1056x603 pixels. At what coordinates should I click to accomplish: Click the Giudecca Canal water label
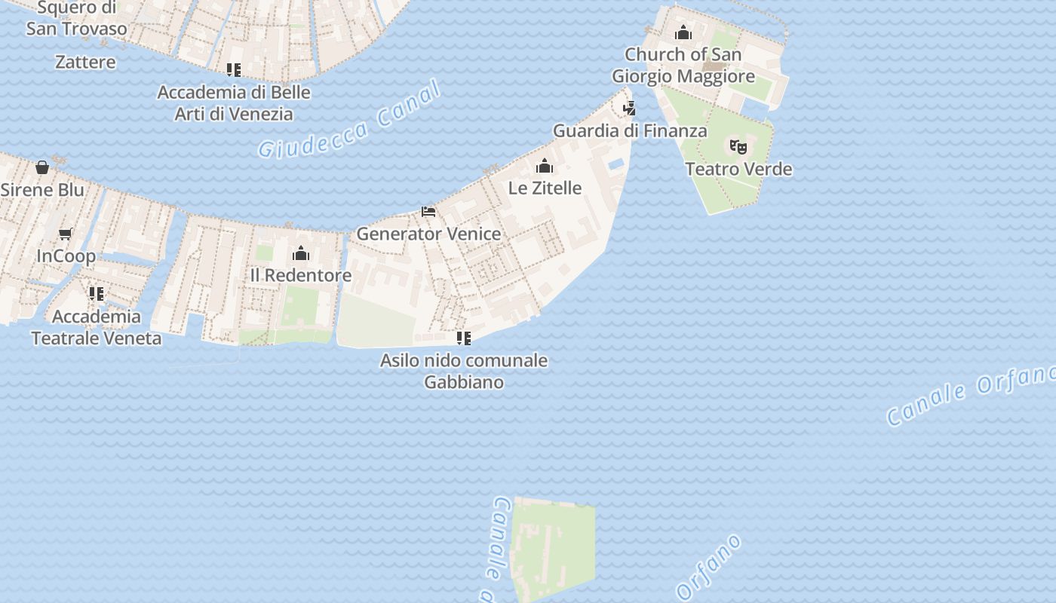pos(348,121)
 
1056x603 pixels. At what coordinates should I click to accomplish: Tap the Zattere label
pos(85,62)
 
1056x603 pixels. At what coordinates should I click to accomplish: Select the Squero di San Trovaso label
pos(76,19)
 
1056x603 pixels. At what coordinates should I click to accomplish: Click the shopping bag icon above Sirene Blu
pos(42,167)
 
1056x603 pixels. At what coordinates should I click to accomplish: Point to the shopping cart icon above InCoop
pos(66,234)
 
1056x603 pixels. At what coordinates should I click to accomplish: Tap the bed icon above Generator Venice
pos(428,212)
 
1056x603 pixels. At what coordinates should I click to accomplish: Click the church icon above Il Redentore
pos(301,253)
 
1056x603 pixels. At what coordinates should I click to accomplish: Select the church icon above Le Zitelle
pos(545,166)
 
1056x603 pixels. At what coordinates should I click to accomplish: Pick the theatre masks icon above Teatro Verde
pos(738,146)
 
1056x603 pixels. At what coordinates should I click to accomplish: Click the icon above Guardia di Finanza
pos(630,109)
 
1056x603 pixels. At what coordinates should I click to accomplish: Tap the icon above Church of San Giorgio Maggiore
pos(683,32)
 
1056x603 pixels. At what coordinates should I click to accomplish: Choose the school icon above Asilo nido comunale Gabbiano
pos(464,338)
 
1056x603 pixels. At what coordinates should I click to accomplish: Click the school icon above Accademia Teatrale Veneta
pos(97,294)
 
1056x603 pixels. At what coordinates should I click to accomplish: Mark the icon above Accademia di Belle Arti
pos(234,70)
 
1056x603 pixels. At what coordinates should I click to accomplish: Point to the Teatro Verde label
pos(738,169)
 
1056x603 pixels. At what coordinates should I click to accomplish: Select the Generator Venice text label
pos(428,234)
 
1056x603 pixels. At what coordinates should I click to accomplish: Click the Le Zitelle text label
pos(545,188)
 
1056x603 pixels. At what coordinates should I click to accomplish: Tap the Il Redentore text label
pos(301,275)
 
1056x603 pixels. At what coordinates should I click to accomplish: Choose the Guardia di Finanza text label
pos(630,130)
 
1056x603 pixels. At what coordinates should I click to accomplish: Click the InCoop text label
pos(66,256)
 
